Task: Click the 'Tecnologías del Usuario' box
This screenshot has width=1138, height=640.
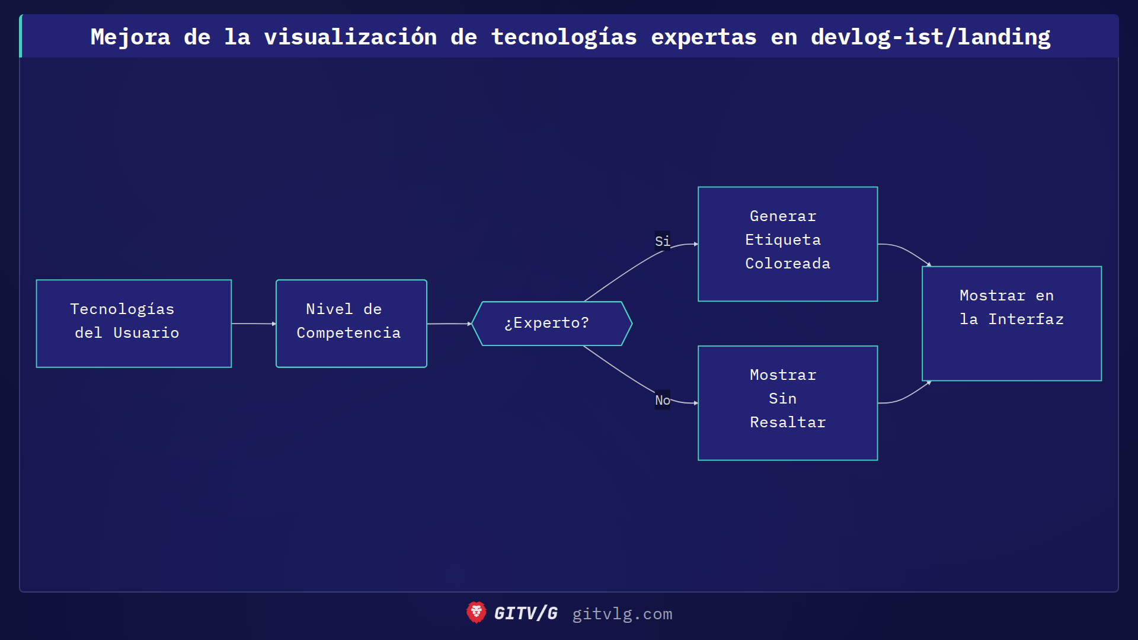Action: [x=134, y=324]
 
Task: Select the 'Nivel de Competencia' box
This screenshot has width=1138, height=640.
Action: [x=351, y=324]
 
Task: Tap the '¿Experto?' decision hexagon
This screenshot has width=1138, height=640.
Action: [x=552, y=324]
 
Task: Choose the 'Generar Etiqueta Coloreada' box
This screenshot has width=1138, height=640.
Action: [x=788, y=244]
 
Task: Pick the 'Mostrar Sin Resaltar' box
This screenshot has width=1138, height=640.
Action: [x=788, y=403]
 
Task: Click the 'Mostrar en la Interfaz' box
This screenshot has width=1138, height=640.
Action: [x=1012, y=324]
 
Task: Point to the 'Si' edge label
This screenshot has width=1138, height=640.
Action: [x=662, y=241]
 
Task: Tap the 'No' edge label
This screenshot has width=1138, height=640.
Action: [x=662, y=400]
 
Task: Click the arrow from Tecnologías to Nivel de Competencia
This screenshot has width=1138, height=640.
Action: [x=254, y=324]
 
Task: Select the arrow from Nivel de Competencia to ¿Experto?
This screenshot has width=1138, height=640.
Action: [x=449, y=324]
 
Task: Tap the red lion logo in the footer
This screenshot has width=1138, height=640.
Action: [x=476, y=613]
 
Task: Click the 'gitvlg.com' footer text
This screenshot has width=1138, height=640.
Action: [x=622, y=614]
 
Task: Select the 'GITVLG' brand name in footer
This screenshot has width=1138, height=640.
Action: [x=526, y=613]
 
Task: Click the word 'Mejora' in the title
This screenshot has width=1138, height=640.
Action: [x=130, y=37]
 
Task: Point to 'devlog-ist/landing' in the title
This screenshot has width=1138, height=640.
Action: [x=931, y=37]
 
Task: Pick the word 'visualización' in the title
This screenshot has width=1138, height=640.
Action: [x=350, y=37]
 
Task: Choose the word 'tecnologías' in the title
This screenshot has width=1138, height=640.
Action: [x=564, y=37]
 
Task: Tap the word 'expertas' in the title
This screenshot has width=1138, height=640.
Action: [x=704, y=37]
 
